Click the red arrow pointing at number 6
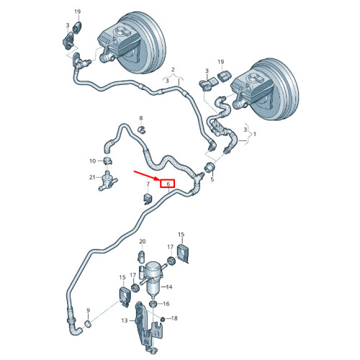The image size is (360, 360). coord(146,176)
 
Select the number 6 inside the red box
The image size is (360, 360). coord(168,184)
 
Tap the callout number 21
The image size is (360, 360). coord(92,177)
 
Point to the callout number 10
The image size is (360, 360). coord(93,161)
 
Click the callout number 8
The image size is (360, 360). coord(141,118)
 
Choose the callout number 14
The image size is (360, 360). coord(169,287)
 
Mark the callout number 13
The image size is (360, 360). coord(125,320)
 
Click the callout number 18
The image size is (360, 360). coord(174,318)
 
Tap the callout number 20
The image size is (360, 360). coord(143,241)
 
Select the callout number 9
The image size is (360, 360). coord(88,310)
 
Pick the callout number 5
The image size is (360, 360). coord(212,179)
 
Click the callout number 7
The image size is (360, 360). coord(148,184)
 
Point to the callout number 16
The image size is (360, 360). coord(166,304)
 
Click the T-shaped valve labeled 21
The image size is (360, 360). coord(107,181)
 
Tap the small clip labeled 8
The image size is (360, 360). coord(142,130)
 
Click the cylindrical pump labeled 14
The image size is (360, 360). coord(153,276)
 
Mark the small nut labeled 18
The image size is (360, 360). coord(163,319)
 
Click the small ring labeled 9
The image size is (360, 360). coord(88,324)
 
